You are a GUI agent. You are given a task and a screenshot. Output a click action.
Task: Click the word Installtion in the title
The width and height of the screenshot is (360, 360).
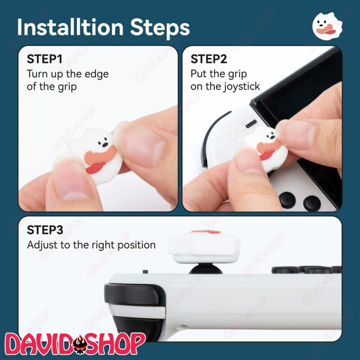(71, 27)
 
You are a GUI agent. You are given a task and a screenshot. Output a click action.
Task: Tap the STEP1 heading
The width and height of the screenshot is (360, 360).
(45, 59)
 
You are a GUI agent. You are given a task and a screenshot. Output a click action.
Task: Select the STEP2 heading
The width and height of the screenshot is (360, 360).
(209, 59)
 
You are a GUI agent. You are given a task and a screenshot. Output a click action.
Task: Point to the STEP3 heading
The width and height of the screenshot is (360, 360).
(45, 230)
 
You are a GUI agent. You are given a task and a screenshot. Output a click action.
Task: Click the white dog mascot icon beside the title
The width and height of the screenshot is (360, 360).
(327, 26)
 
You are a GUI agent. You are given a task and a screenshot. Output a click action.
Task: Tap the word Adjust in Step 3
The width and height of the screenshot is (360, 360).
(42, 245)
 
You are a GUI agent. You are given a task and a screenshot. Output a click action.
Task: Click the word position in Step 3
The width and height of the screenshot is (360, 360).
(137, 245)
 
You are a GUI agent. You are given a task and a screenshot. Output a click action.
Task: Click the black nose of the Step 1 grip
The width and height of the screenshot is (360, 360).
(105, 145)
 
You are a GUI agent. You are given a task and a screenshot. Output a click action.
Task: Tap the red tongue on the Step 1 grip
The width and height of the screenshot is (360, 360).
(96, 167)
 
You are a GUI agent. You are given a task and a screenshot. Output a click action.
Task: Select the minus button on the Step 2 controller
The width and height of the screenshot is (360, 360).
(251, 124)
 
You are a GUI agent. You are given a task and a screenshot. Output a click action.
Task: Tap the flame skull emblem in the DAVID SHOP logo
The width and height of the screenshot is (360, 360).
(80, 344)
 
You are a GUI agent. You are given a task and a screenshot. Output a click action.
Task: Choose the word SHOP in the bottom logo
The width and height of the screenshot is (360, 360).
(116, 343)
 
